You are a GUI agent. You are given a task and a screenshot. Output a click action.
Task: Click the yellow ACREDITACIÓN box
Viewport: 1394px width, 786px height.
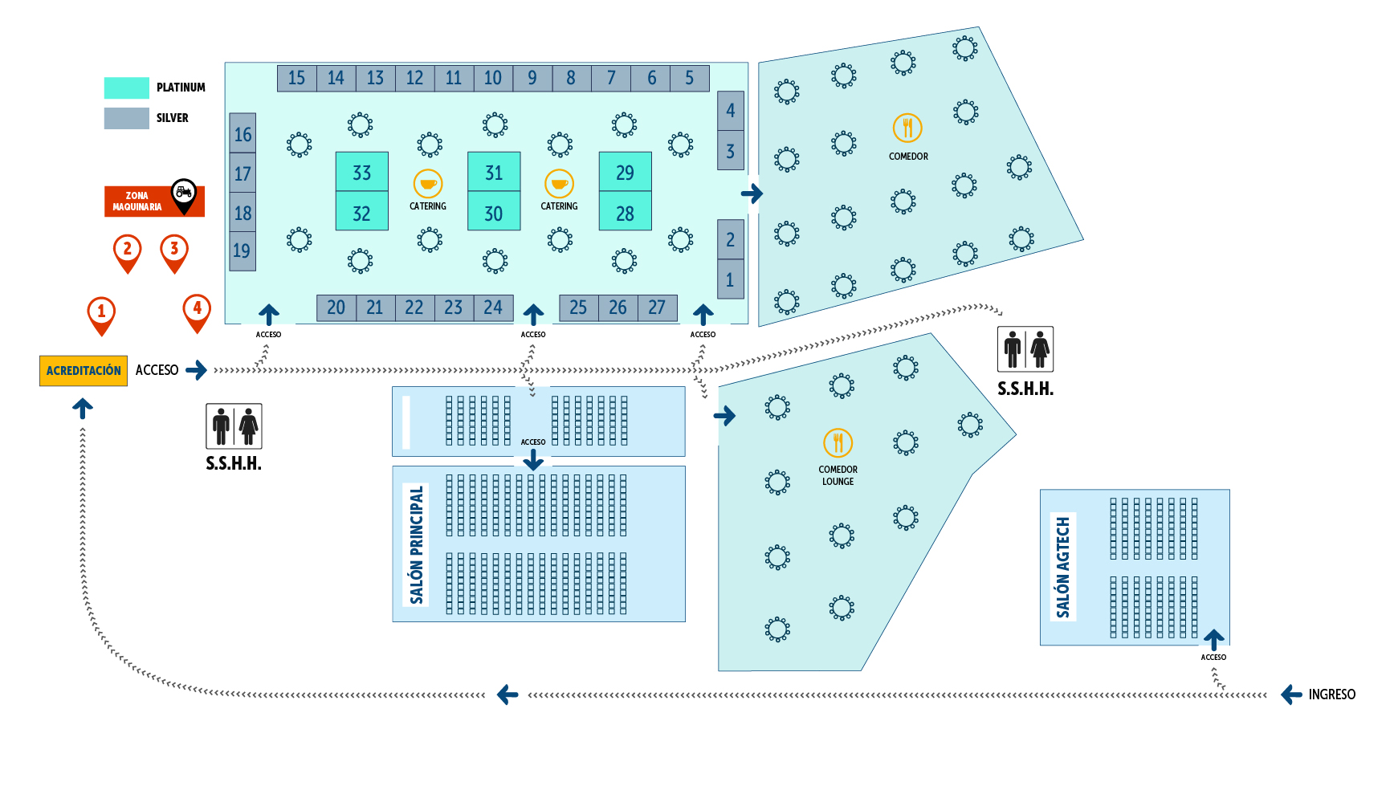point(84,371)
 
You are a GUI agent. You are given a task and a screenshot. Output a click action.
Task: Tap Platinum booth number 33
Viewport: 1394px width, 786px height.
point(361,173)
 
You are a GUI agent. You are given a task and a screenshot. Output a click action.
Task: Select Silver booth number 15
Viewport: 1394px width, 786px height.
point(296,78)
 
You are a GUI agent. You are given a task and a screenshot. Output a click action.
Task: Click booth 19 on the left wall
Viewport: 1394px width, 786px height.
point(242,251)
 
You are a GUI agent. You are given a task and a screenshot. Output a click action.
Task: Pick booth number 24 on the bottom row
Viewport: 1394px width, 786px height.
point(493,307)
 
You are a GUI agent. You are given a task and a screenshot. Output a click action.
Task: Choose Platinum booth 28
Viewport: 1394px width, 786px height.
point(625,214)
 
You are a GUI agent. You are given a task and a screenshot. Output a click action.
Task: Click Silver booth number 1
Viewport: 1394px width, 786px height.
point(730,280)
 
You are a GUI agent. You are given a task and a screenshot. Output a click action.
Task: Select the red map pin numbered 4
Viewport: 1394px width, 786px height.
point(197,309)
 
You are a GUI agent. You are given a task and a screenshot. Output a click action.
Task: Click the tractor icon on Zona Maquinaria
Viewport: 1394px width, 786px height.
point(184,193)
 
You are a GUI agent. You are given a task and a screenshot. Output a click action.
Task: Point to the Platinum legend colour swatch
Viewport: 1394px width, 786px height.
point(126,88)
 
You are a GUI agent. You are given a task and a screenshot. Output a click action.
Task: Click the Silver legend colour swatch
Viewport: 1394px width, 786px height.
point(126,118)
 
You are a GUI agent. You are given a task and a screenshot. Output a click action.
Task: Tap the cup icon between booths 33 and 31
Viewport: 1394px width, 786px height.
point(428,184)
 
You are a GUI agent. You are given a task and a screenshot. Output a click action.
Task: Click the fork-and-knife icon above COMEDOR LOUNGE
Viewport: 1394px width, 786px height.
point(838,442)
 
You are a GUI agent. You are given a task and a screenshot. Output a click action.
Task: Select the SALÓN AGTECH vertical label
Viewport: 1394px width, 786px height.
point(1063,567)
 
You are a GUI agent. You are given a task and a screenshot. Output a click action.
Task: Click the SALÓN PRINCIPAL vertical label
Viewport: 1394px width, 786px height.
point(416,544)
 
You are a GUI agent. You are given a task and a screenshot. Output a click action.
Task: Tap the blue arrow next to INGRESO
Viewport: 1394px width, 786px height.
point(1291,694)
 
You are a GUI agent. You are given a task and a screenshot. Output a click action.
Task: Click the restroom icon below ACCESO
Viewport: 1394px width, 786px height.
point(234,426)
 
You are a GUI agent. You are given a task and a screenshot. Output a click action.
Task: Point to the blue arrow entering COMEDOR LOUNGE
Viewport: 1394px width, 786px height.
point(724,415)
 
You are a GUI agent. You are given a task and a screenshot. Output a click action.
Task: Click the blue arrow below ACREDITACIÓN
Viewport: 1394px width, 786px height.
point(83,409)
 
